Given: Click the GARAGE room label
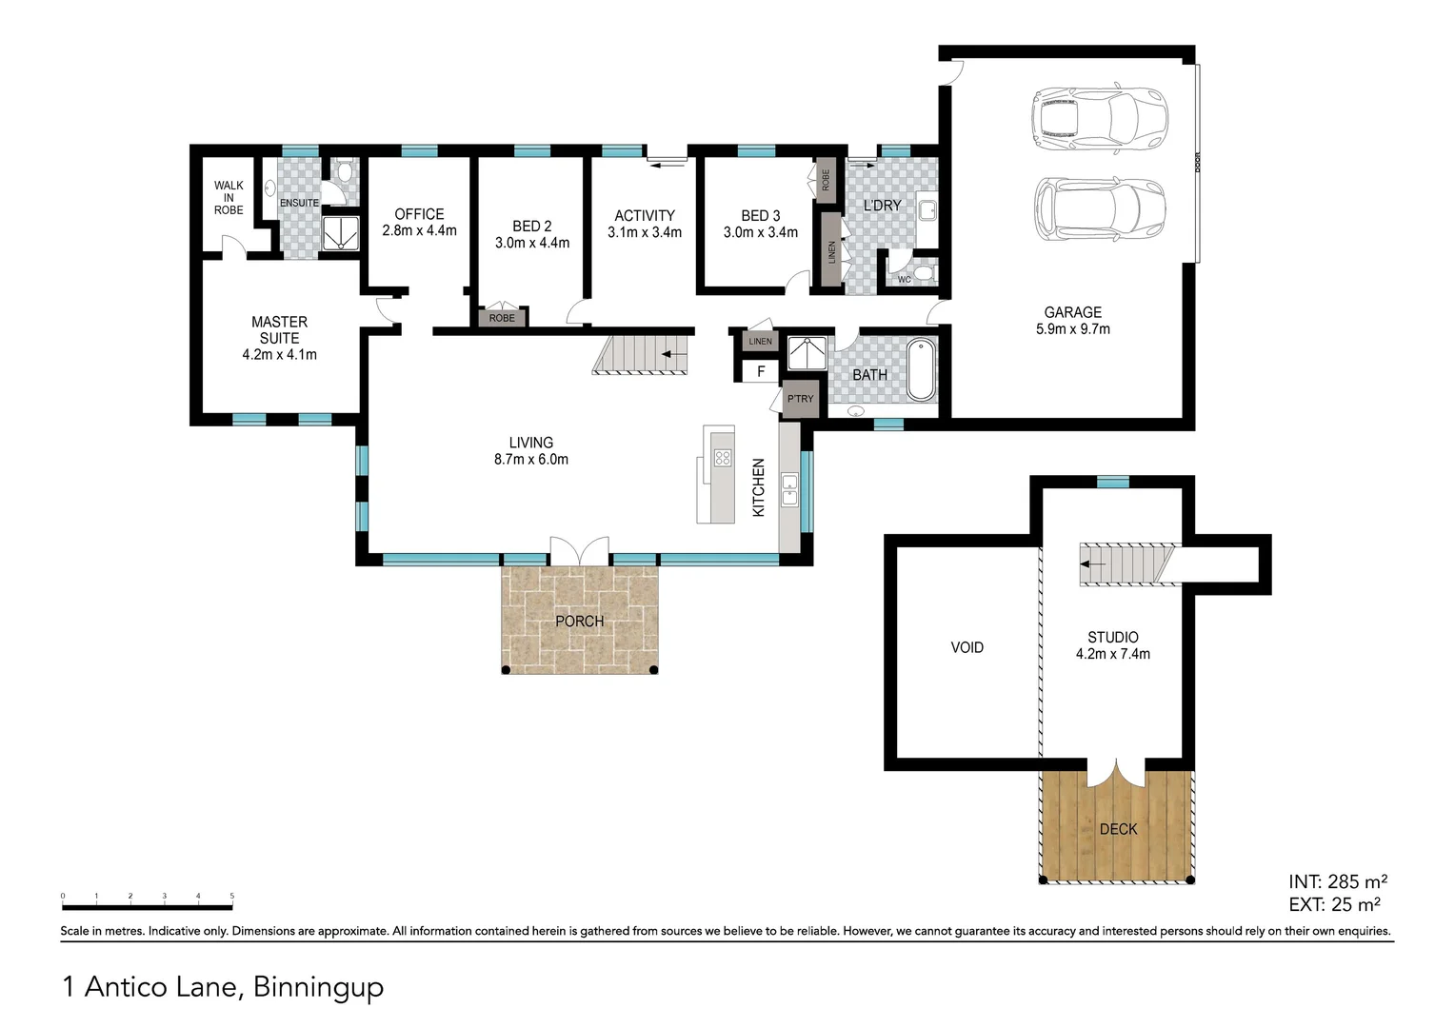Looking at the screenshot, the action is [x=1072, y=312].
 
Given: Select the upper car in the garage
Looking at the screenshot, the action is [x=1099, y=118].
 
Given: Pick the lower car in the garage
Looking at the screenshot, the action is [x=1099, y=208].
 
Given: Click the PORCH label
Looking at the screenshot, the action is [x=579, y=622].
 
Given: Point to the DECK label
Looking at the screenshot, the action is [x=1118, y=829].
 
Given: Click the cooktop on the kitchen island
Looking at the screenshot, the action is [x=723, y=458].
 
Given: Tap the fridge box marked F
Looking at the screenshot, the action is [x=761, y=371].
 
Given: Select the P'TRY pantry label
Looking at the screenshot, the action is [x=800, y=399].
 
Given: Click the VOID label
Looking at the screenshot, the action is [x=967, y=647].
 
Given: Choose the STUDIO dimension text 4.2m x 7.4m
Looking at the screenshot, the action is [x=1113, y=654].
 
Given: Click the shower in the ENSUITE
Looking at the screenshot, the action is [x=340, y=234].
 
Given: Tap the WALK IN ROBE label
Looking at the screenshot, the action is [x=229, y=198].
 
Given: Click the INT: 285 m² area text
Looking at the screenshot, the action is [x=1338, y=881].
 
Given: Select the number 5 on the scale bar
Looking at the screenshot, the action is [x=232, y=897].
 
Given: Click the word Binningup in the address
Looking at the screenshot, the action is [x=318, y=986].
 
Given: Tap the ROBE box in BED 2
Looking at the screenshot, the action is [x=502, y=318].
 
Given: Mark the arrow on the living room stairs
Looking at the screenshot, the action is [x=674, y=355].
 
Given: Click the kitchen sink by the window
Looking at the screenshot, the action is [x=789, y=490].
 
